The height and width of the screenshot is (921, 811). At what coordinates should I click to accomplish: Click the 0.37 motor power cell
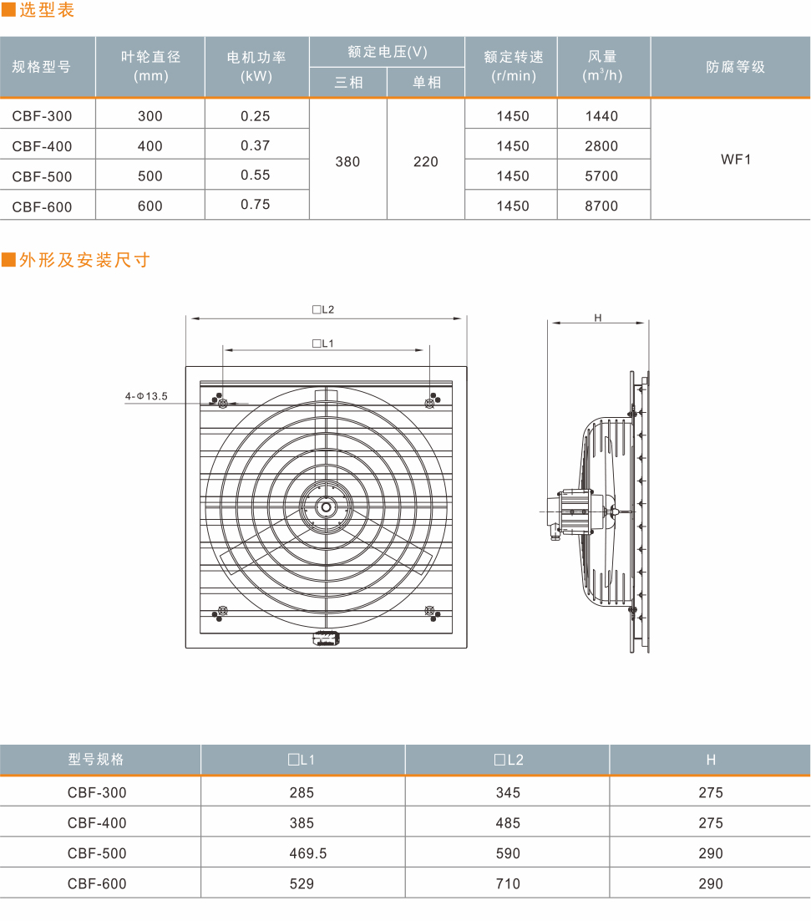[x=256, y=145]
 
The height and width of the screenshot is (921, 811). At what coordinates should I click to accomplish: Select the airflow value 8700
[x=601, y=206]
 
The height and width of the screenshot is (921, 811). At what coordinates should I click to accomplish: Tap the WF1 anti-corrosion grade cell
[x=736, y=160]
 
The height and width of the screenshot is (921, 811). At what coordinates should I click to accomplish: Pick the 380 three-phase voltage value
[x=348, y=161]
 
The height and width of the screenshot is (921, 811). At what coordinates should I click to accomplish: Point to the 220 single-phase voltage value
[x=426, y=161]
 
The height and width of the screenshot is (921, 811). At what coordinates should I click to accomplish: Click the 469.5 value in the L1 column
[x=308, y=853]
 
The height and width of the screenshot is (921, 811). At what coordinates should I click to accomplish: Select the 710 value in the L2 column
[x=508, y=884]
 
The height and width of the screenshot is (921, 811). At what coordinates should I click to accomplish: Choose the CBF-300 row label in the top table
[x=43, y=116]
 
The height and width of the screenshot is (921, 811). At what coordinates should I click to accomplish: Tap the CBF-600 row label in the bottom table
[x=97, y=884]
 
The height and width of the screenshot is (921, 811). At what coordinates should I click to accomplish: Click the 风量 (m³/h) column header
[x=603, y=66]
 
